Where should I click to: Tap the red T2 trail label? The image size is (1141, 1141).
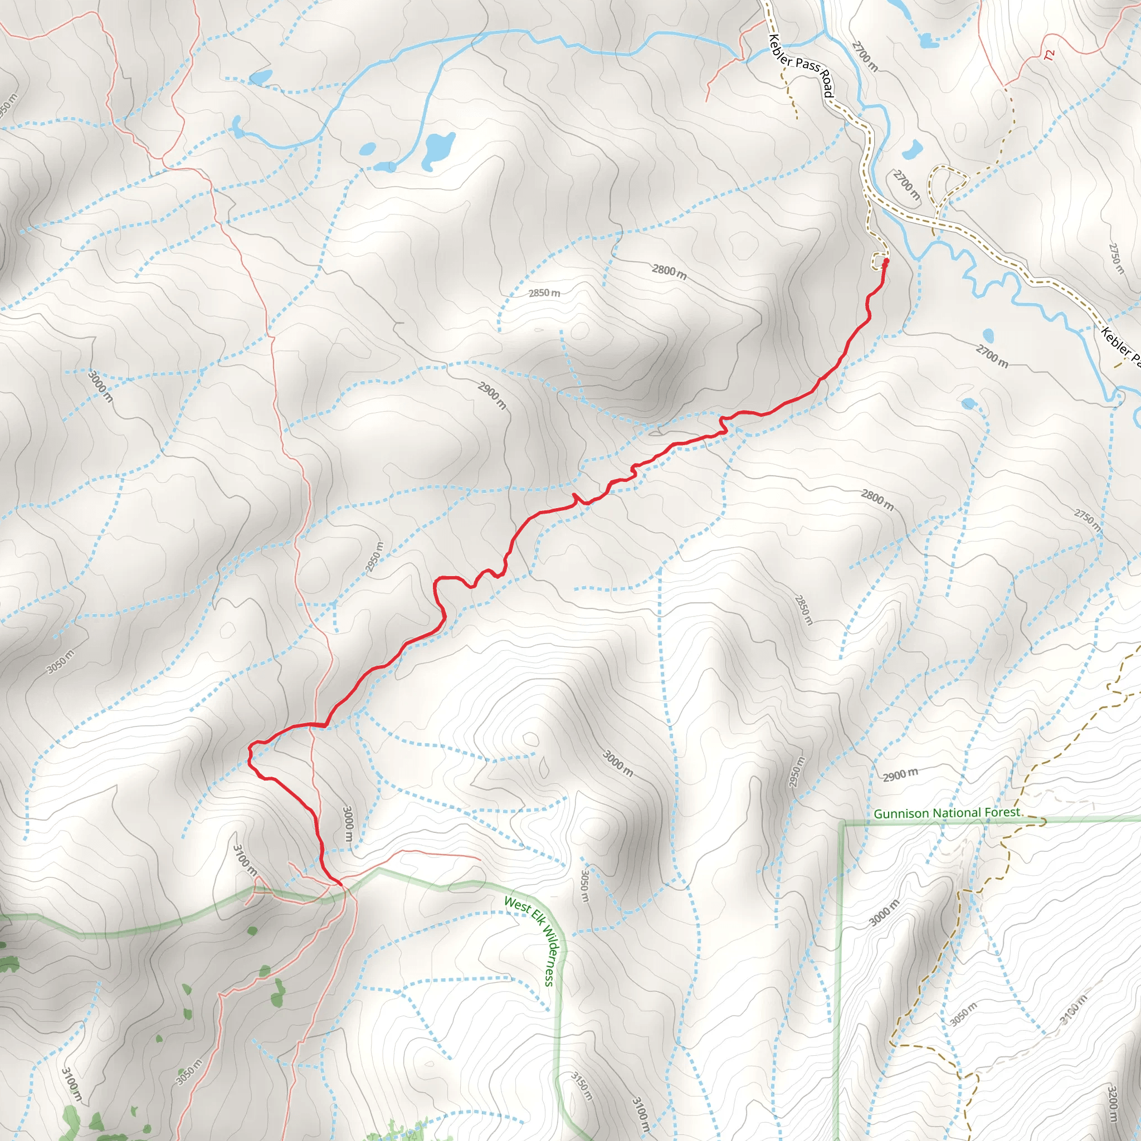[x=1049, y=55]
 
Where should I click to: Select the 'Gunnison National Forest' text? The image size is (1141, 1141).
[x=947, y=813]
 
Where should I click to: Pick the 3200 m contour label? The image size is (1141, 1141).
[x=1113, y=1103]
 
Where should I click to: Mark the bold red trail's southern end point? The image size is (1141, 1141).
[x=340, y=884]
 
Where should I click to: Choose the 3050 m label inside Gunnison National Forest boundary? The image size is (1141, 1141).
[x=964, y=1013]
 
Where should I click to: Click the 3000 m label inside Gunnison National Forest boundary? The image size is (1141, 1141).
[x=884, y=913]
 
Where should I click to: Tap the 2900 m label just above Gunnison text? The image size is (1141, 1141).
[x=901, y=774]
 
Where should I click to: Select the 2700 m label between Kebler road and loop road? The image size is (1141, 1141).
[x=906, y=184]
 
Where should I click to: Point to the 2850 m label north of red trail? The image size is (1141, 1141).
[x=544, y=293]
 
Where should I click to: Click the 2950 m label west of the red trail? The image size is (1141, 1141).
[x=374, y=557]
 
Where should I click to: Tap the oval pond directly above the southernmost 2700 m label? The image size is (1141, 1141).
[x=988, y=335]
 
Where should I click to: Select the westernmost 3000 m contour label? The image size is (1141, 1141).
[x=100, y=386]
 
